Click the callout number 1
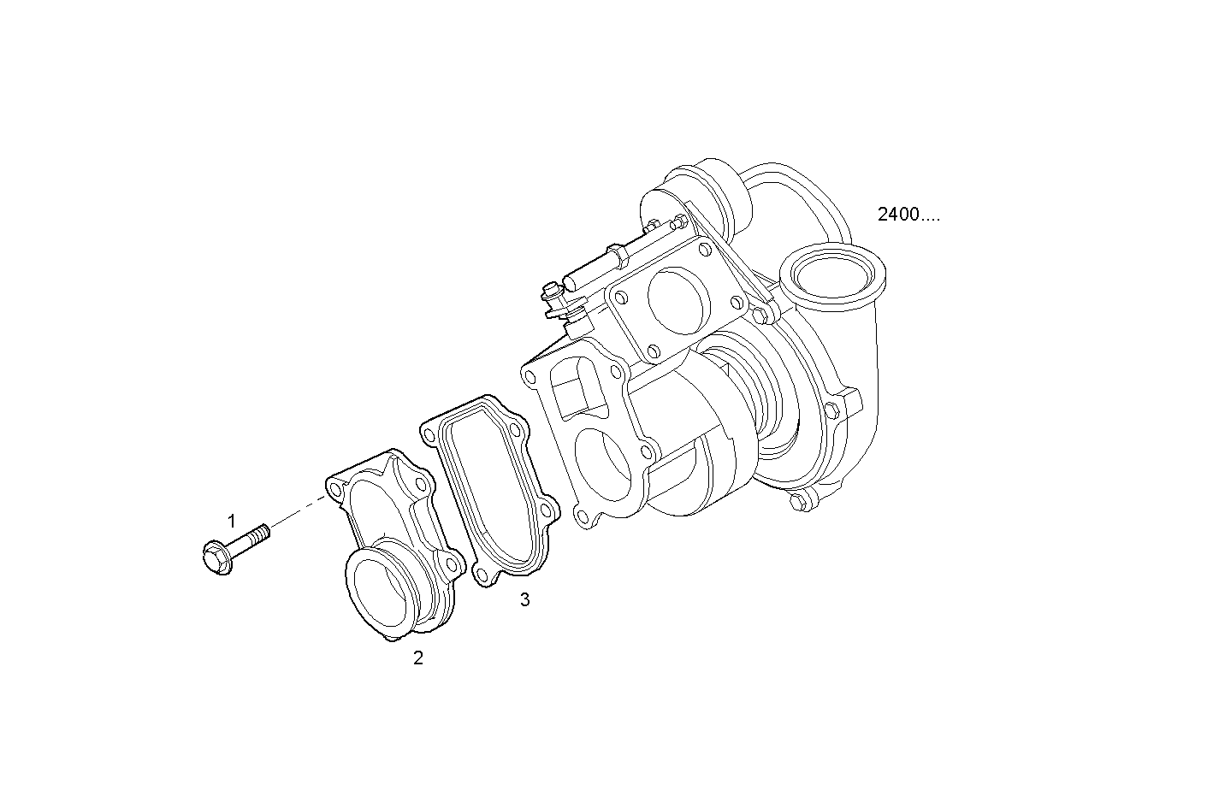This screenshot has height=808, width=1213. pyautogui.click(x=231, y=521)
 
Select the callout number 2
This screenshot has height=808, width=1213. pyautogui.click(x=418, y=658)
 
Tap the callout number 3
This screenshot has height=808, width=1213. pyautogui.click(x=524, y=600)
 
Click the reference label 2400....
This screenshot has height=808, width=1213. pyautogui.click(x=908, y=215)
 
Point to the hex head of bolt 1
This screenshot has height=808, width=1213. pyautogui.click(x=216, y=557)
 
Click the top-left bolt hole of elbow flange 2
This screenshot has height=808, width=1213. pyautogui.click(x=334, y=487)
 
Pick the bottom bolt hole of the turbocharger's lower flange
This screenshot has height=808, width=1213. pyautogui.click(x=583, y=515)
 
